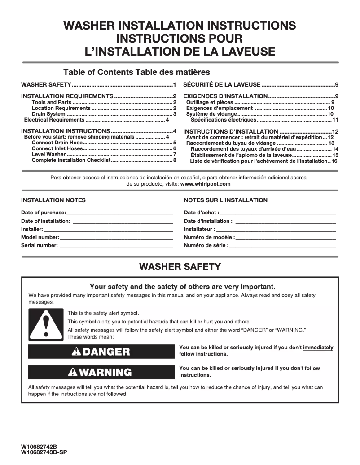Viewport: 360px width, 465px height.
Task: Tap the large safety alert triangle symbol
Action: coord(44,325)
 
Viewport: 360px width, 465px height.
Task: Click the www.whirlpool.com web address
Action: coord(206,184)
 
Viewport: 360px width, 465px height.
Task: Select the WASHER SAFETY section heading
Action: coord(180,267)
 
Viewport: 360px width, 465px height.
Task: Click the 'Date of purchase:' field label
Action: coord(44,213)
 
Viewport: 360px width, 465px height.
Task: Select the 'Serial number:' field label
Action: coord(40,245)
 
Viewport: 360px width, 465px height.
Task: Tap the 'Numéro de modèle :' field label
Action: coord(209,237)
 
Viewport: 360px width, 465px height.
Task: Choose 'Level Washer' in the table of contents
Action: coord(48,154)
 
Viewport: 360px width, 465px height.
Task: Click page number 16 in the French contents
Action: coord(334,161)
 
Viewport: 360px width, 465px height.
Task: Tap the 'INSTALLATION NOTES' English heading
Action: coord(53,200)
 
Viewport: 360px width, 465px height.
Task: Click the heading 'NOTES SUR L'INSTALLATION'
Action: coord(225,200)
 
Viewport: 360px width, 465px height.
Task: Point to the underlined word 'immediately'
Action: coord(318,348)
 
